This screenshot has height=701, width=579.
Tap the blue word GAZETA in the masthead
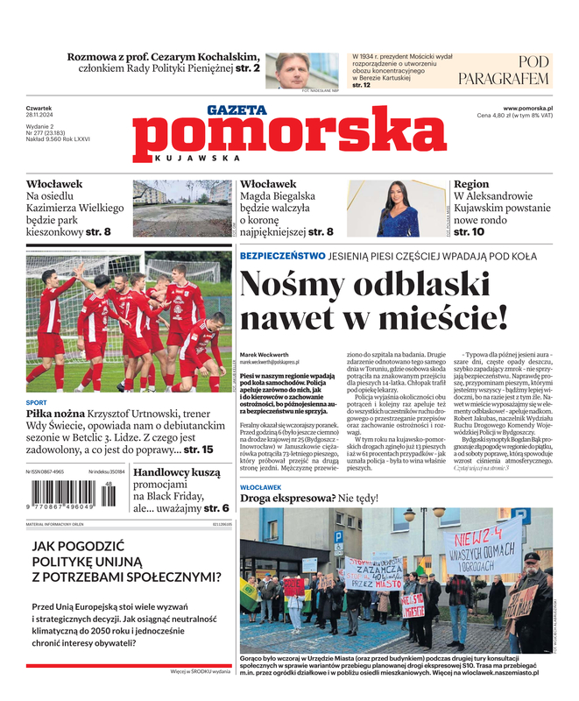[237, 110]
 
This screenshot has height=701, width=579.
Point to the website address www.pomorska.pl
[533, 108]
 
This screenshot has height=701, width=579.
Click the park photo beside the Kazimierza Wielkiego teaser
[182, 209]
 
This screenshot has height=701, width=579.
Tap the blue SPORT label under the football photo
[37, 404]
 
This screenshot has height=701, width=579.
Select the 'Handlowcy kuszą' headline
[176, 472]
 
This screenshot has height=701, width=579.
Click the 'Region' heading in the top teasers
[471, 184]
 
